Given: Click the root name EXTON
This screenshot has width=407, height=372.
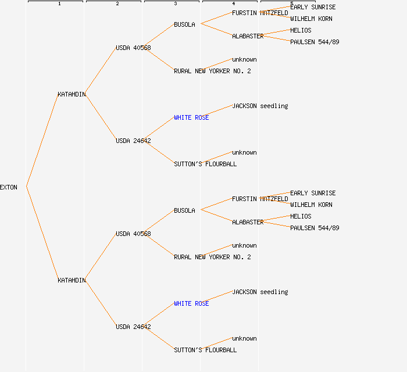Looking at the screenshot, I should point(9,187).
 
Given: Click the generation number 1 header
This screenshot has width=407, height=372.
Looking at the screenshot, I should point(59,4).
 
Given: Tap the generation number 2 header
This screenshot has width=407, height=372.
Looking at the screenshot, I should point(117,4).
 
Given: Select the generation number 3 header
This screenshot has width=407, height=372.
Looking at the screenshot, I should point(176,4).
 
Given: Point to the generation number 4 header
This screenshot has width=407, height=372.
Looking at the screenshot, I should point(234,4).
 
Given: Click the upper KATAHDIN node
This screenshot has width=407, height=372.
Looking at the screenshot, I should point(72,94).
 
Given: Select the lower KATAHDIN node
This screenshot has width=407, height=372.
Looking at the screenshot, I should point(72,280).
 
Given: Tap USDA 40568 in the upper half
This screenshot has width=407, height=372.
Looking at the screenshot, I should point(133,48).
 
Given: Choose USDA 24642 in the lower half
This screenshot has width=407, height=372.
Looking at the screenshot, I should point(133,327).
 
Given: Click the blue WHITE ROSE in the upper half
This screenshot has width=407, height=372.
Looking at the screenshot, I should point(191,117).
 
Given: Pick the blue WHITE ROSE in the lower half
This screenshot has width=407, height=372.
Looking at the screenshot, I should point(191,303).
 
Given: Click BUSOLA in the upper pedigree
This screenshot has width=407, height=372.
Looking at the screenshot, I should point(184,24).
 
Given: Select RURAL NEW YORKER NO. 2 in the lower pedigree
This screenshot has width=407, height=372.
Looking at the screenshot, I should point(212,257).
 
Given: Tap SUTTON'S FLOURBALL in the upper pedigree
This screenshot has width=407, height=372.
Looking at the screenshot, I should point(205,164).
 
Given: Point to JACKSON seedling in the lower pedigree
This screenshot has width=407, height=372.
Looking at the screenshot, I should point(260,292).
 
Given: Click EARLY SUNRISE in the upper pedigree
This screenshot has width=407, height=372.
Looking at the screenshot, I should point(313,7).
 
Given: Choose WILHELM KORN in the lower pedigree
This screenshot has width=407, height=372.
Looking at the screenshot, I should point(311,205).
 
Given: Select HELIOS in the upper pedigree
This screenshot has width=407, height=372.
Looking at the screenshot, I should point(301,30).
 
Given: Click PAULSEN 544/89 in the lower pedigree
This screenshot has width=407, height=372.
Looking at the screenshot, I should point(315,228).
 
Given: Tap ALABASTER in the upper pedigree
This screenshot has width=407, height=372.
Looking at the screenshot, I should point(248,36).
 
